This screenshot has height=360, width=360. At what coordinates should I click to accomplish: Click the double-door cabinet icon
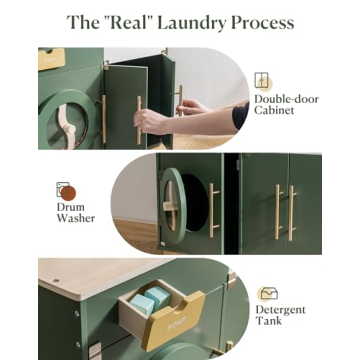tap(262, 80)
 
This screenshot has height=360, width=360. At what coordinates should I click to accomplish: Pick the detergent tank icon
tap(268, 294)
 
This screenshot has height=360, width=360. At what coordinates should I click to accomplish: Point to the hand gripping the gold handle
tap(153, 121)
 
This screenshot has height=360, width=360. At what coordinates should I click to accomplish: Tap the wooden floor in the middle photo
tap(140, 240)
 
